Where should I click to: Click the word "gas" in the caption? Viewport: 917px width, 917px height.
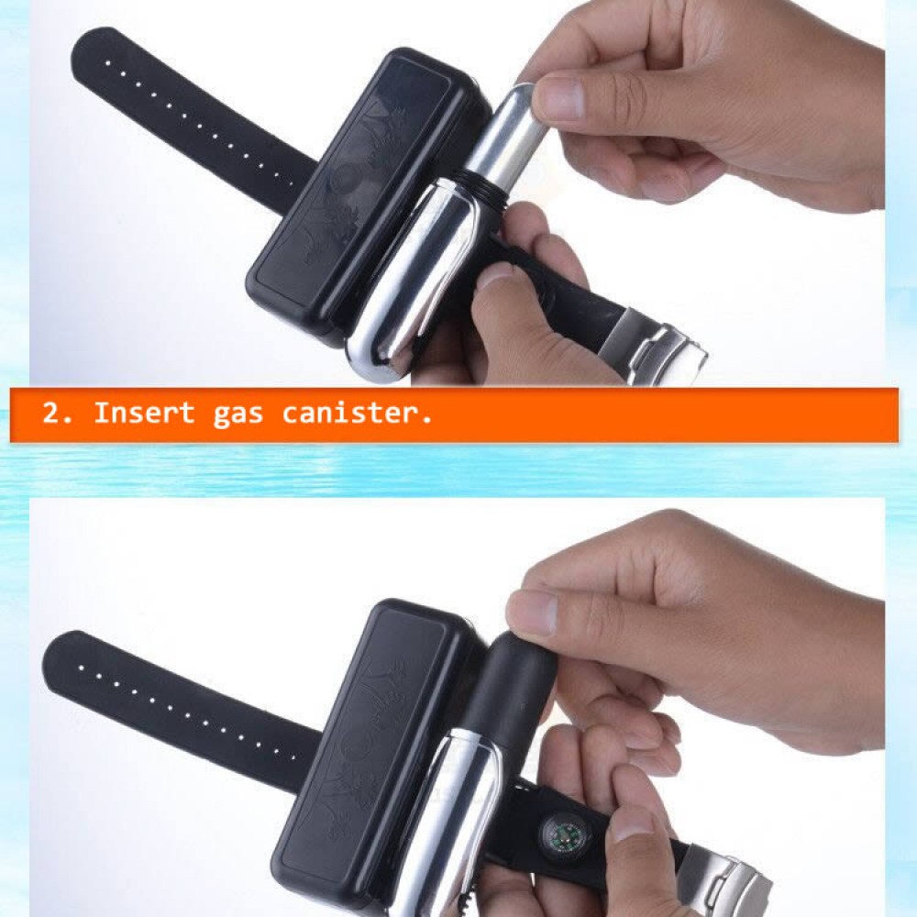pyautogui.click(x=238, y=414)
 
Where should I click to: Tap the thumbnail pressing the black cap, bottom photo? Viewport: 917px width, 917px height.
pyautogui.click(x=532, y=612)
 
